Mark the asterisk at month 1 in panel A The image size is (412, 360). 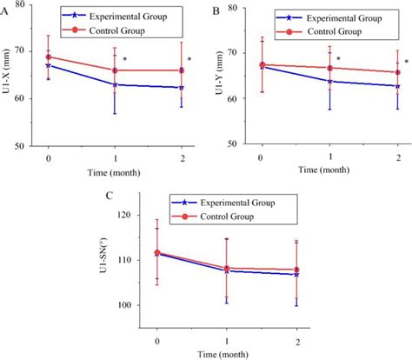pyautogui.click(x=125, y=60)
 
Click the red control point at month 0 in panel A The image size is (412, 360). pyautogui.click(x=48, y=57)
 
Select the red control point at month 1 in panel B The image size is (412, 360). pyautogui.click(x=329, y=68)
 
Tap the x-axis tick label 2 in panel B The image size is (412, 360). pyautogui.click(x=397, y=157)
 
